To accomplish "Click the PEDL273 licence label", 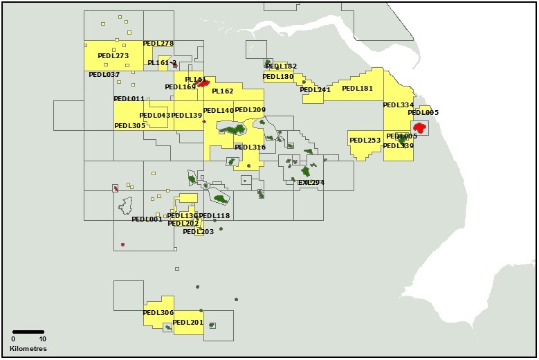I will (x=113, y=56).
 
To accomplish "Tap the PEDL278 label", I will (x=158, y=44).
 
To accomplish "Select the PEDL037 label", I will (x=104, y=74).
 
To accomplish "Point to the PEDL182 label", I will (x=281, y=66).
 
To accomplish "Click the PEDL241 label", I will (x=315, y=90).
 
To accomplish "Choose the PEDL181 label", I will (x=357, y=89).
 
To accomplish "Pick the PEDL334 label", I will (x=398, y=105).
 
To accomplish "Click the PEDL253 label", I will (x=365, y=141).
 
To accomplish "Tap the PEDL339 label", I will (x=398, y=146).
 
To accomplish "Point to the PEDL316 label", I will (x=250, y=147).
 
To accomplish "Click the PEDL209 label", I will (x=250, y=110).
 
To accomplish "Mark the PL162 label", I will (x=223, y=91).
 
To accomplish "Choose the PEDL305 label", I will (x=129, y=126).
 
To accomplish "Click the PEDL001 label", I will (x=147, y=219).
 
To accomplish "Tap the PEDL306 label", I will (x=158, y=313).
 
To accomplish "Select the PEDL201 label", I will (x=188, y=323).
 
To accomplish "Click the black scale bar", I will (x=28, y=332).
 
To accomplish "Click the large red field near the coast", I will (x=419, y=128).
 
